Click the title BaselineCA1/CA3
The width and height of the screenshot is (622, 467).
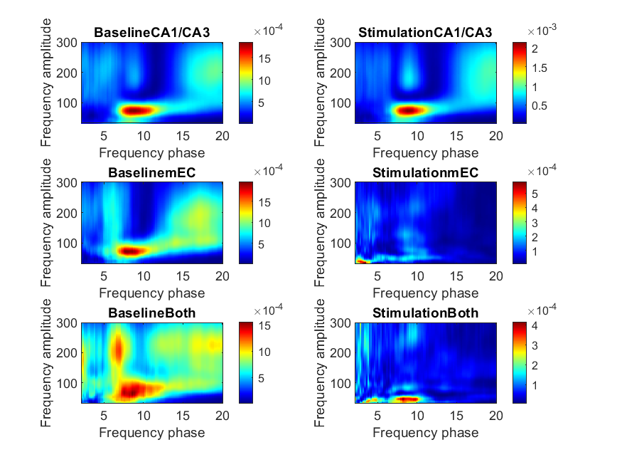coord(152,33)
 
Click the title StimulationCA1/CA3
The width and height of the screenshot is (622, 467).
coord(425,33)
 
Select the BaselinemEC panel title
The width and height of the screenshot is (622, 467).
coord(152,173)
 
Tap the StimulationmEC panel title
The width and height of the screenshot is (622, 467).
coord(425,173)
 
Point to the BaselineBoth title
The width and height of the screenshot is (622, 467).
coord(152,313)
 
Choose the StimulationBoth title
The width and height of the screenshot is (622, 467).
coord(425,313)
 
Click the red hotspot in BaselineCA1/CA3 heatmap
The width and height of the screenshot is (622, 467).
coord(134,110)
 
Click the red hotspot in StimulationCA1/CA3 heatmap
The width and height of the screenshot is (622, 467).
coord(408,110)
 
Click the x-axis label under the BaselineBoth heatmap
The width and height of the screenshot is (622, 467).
coord(152,432)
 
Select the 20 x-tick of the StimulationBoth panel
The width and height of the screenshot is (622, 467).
coord(495,415)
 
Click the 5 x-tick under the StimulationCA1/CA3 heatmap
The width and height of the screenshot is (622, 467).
coord(377,135)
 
